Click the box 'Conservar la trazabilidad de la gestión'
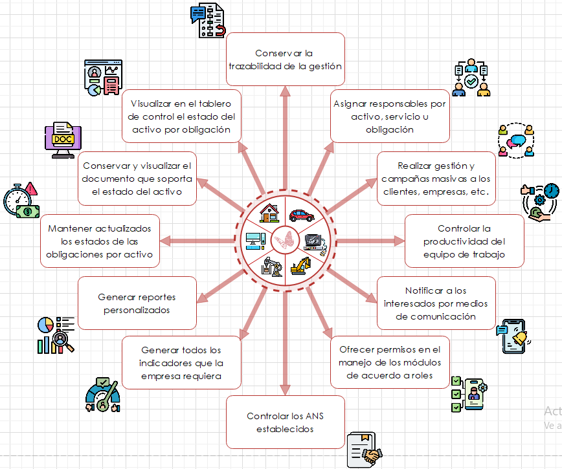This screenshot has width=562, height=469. [x=285, y=59]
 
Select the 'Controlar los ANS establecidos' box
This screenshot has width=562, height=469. [x=285, y=422]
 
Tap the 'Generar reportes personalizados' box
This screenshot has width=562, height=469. [x=137, y=303]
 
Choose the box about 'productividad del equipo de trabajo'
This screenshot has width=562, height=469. [x=464, y=241]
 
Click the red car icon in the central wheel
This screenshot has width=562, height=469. [x=302, y=215]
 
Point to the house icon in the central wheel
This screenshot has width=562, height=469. [x=268, y=212]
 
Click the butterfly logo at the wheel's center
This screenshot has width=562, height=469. [x=284, y=241]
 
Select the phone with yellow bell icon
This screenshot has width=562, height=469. [x=515, y=336]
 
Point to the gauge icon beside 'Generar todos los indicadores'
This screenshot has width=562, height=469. [x=103, y=395]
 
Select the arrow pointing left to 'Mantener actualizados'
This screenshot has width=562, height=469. [x=194, y=241]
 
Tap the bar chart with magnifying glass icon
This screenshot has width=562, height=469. [x=55, y=334]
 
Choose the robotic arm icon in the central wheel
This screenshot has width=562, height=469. [x=272, y=265]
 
